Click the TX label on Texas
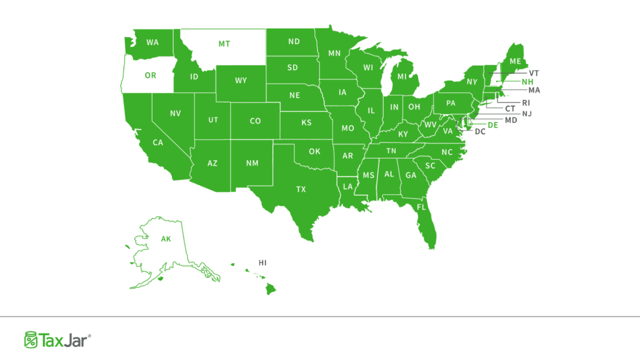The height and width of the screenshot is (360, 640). tap(301, 189)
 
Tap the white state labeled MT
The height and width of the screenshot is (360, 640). tap(223, 44)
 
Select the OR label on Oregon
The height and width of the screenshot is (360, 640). tap(150, 75)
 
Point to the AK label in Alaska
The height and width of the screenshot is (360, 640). tap(166, 239)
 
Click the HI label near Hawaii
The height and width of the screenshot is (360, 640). tap(262, 262)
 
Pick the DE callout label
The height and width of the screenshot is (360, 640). tap(492, 125)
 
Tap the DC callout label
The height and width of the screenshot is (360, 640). tap(480, 132)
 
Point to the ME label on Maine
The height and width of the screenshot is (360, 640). tap(514, 61)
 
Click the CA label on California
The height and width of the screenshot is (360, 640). tap(157, 142)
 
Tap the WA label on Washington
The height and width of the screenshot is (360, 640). tap(152, 42)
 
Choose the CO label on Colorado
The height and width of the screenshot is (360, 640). tap(255, 121)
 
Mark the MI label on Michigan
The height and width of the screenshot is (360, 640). tap(402, 77)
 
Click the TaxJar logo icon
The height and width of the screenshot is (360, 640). tap(31, 339)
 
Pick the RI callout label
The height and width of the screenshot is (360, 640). tap(526, 102)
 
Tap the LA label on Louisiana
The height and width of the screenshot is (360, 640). tap(346, 187)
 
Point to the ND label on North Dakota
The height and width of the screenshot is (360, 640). tap(293, 42)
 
